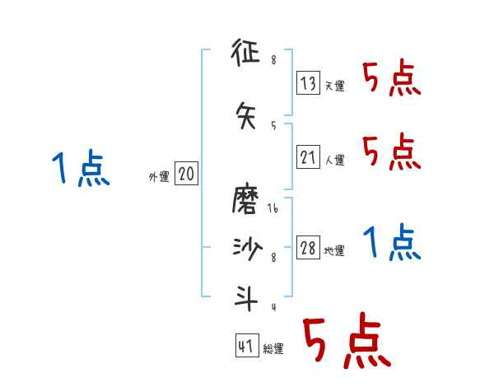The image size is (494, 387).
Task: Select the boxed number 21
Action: coord(309,156)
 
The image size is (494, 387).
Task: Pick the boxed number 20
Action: coord(186,174)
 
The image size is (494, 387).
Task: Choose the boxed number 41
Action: coord(246,346)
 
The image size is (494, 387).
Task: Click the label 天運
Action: coord(335,86)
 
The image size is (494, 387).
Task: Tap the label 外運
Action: coord(158,177)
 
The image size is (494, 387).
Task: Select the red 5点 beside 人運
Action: coord(391,152)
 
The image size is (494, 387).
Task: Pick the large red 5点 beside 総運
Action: coord(346,342)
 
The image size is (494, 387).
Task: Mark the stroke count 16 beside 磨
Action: coord(273,208)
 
